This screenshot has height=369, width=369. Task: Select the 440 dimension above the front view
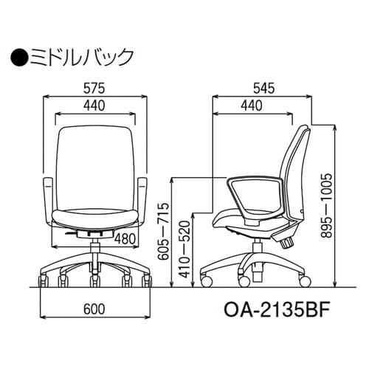click(x=94, y=106)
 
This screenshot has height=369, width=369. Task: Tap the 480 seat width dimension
click(x=127, y=238)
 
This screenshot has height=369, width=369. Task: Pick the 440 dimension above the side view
click(x=251, y=106)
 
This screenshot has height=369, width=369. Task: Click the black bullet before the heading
click(x=18, y=55)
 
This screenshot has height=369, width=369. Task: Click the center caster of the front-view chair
click(x=94, y=280)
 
